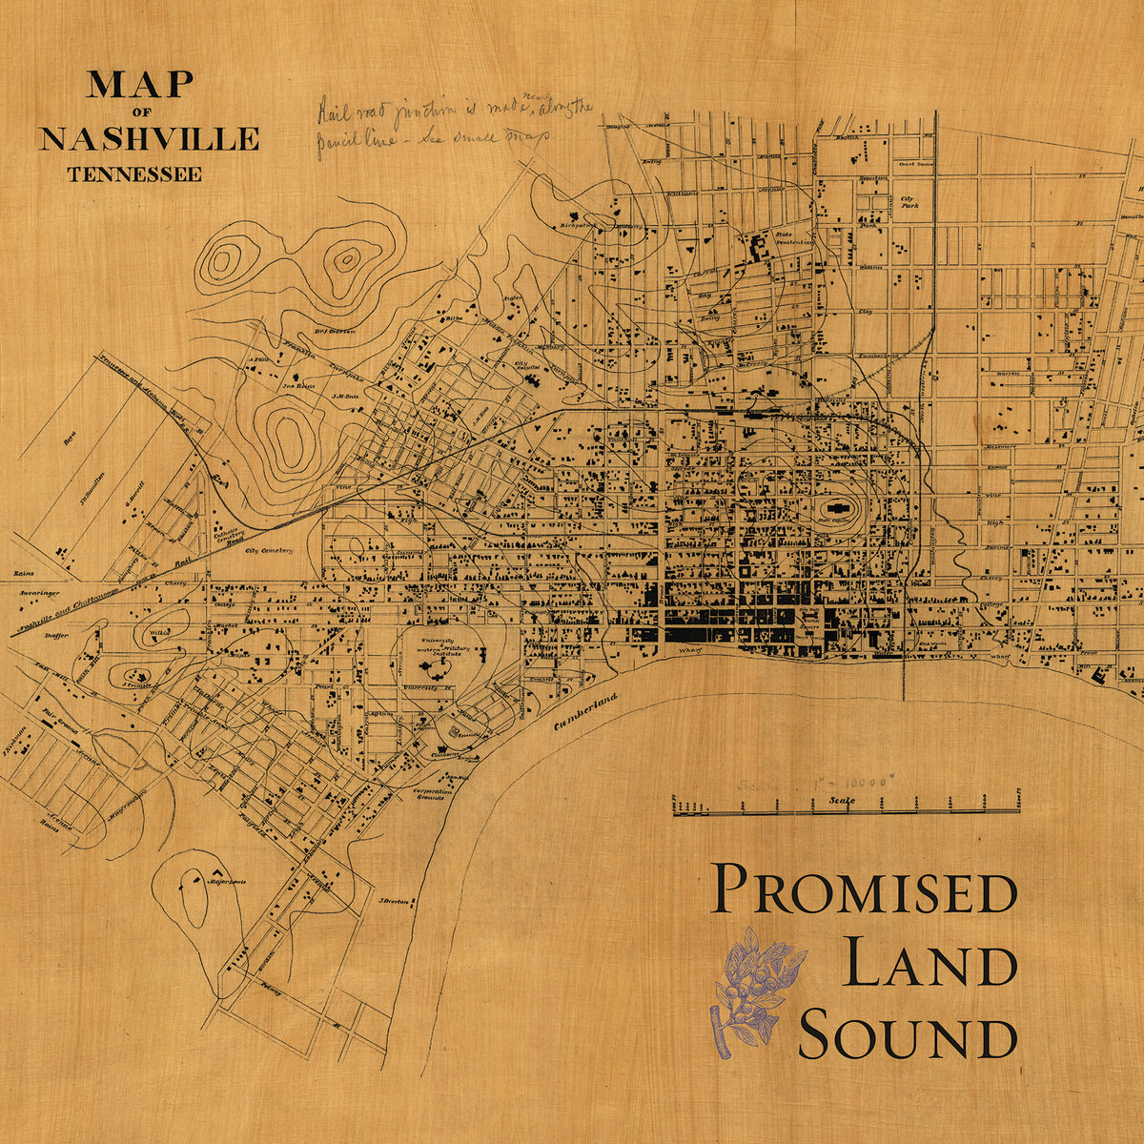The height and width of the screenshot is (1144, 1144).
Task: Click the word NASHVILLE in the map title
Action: pyautogui.click(x=149, y=138)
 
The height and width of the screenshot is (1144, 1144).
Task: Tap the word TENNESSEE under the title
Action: pyautogui.click(x=133, y=174)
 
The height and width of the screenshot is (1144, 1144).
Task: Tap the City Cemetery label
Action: pyautogui.click(x=270, y=551)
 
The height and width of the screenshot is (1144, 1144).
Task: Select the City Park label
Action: pyautogui.click(x=909, y=202)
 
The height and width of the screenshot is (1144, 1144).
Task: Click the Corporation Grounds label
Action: pyautogui.click(x=431, y=794)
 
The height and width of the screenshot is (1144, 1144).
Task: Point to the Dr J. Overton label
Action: pyautogui.click(x=333, y=331)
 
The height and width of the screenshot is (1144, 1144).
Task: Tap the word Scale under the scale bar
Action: pyautogui.click(x=842, y=801)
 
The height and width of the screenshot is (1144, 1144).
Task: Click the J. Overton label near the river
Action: pyautogui.click(x=394, y=901)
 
